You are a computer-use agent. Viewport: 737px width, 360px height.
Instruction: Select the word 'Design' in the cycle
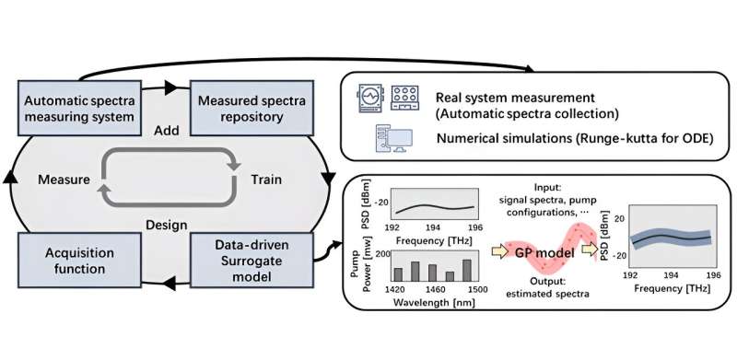point(166,224)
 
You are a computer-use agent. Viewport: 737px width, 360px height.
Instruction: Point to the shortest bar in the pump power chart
point(448,274)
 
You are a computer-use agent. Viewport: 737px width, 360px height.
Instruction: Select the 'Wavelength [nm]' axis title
point(430,301)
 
